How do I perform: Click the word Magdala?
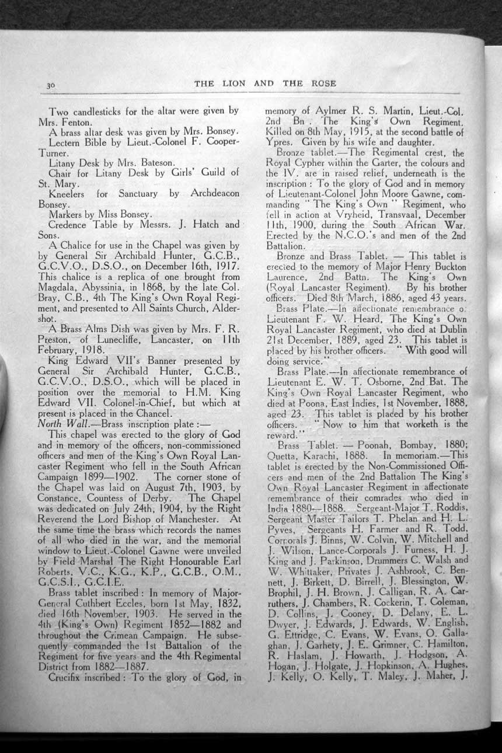click(x=58, y=288)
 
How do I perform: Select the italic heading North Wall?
click(x=60, y=424)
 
